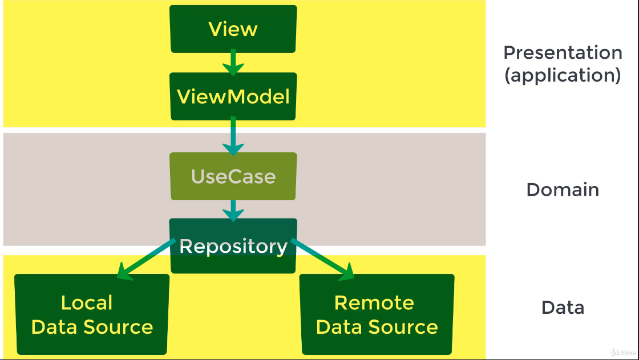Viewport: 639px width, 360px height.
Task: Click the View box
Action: pyautogui.click(x=233, y=29)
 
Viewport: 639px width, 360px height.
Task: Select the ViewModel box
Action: pyautogui.click(x=233, y=96)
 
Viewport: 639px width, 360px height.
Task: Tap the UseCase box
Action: pyautogui.click(x=233, y=176)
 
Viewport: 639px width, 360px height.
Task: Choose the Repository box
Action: pyautogui.click(x=233, y=246)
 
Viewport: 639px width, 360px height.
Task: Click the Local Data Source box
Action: pyautogui.click(x=92, y=314)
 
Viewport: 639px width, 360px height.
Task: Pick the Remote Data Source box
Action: pyautogui.click(x=377, y=314)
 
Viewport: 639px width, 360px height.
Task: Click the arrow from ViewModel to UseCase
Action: pyautogui.click(x=233, y=136)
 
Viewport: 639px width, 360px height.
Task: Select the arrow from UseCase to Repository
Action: pyautogui.click(x=233, y=209)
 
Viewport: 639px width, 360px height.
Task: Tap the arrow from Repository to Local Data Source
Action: pyautogui.click(x=145, y=260)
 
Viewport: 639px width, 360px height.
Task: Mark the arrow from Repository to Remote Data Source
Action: pyautogui.click(x=322, y=260)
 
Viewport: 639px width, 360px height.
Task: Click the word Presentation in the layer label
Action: pyautogui.click(x=563, y=52)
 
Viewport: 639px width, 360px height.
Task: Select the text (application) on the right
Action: pyautogui.click(x=563, y=75)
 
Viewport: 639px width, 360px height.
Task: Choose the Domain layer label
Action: pyautogui.click(x=563, y=189)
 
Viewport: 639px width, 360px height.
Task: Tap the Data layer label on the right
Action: pyautogui.click(x=563, y=308)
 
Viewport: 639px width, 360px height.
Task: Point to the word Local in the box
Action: pyautogui.click(x=87, y=302)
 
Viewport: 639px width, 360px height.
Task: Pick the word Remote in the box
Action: pyautogui.click(x=374, y=302)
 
